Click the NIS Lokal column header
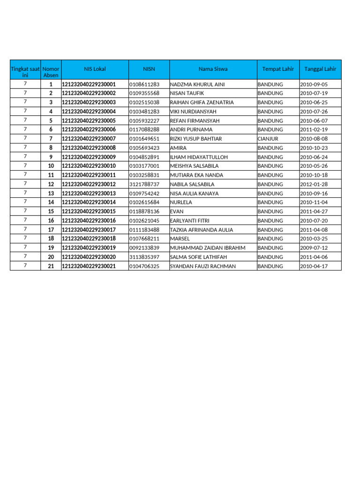(x=95, y=69)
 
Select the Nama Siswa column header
(x=213, y=69)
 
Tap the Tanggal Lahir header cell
(x=320, y=69)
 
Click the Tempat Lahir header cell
(x=278, y=69)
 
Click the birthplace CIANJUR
(x=268, y=139)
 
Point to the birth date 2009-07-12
(x=314, y=248)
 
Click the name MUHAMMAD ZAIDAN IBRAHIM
(x=207, y=248)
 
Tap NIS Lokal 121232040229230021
(x=89, y=266)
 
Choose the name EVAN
(x=176, y=211)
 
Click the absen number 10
(x=51, y=166)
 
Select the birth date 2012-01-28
(x=314, y=184)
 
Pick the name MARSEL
(x=180, y=239)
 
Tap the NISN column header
(x=149, y=69)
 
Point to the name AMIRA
(x=178, y=148)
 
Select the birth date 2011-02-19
(x=314, y=129)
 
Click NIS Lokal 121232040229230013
(x=89, y=193)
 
